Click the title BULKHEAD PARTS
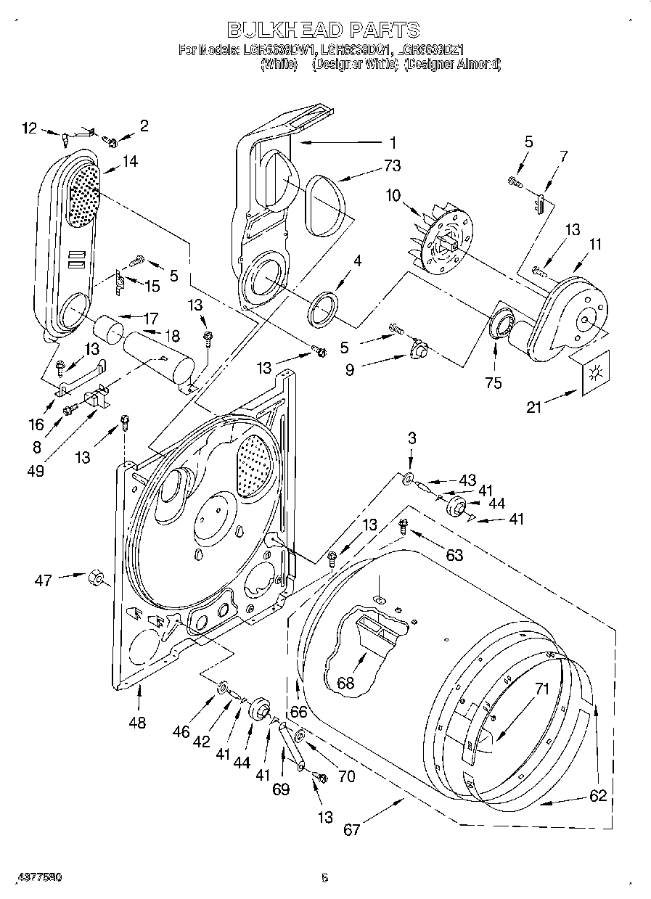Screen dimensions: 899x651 pos(323,30)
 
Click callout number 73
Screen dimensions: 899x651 pos(392,166)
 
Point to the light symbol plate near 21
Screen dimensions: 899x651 pos(596,372)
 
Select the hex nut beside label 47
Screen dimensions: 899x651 pos(96,578)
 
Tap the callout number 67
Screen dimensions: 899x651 pos(351,829)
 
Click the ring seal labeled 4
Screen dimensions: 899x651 pos(324,305)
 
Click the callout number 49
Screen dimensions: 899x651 pos(34,471)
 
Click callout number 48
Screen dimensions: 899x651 pos(136,722)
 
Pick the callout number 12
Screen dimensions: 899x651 pos(28,128)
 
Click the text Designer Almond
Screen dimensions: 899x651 pos(454,64)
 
